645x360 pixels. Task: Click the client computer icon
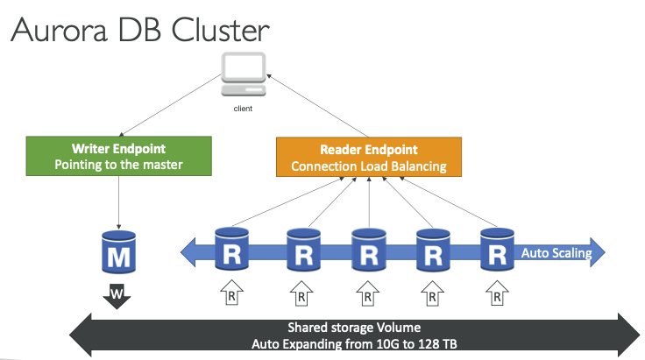243,74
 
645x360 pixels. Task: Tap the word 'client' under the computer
243,109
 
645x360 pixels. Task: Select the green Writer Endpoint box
119,156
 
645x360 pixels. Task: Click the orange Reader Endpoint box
369,157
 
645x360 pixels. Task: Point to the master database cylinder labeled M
118,252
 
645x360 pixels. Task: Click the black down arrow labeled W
117,295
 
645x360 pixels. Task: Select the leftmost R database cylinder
231,249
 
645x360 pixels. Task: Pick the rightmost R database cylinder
497,250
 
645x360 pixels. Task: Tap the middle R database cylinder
369,250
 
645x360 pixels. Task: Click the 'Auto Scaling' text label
556,253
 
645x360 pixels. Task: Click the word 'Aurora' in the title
60,30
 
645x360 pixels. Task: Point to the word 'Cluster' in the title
220,30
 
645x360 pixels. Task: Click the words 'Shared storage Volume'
354,328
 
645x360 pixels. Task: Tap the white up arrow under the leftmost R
231,293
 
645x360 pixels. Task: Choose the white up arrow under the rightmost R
497,293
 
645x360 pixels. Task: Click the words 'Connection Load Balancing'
369,166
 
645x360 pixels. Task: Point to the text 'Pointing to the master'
118,165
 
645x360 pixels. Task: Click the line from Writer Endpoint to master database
118,202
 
